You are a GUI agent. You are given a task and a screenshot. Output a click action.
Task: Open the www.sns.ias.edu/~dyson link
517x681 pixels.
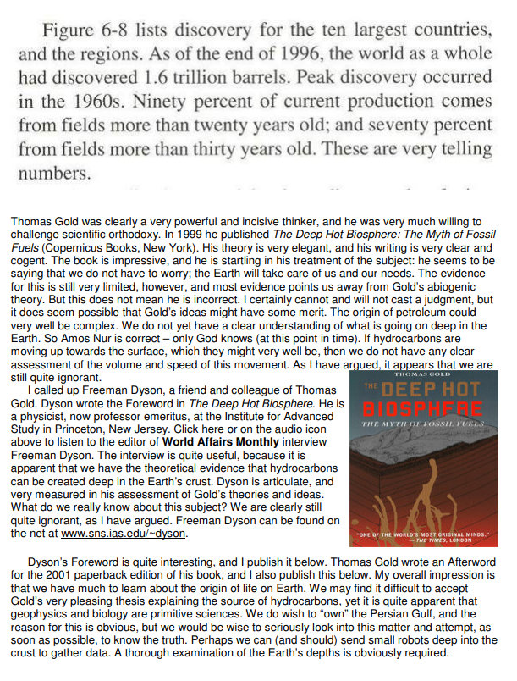click(135, 534)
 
